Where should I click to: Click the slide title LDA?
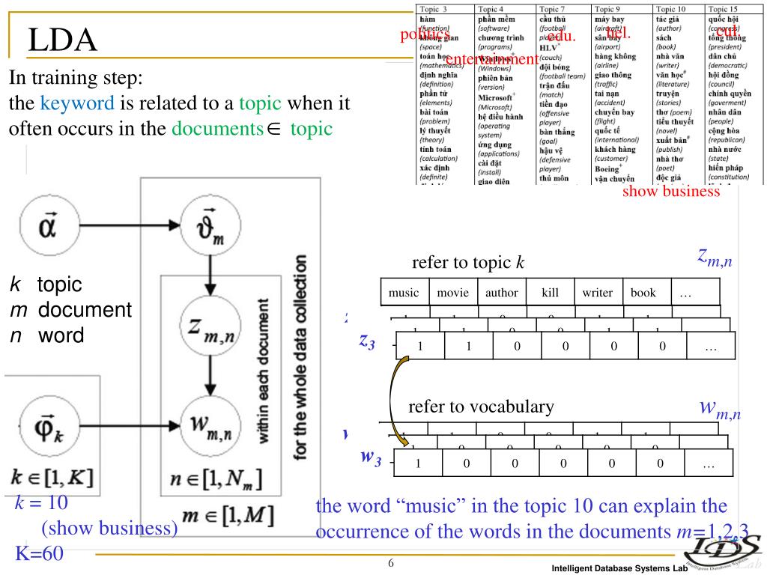[63, 40]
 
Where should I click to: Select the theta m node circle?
[211, 225]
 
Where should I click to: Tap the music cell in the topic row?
[404, 293]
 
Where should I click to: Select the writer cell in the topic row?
[597, 293]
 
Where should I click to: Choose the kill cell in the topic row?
[549, 293]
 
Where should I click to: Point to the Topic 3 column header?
[434, 9]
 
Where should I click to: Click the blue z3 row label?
[367, 341]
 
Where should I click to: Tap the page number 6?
[391, 563]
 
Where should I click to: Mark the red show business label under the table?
[670, 192]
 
